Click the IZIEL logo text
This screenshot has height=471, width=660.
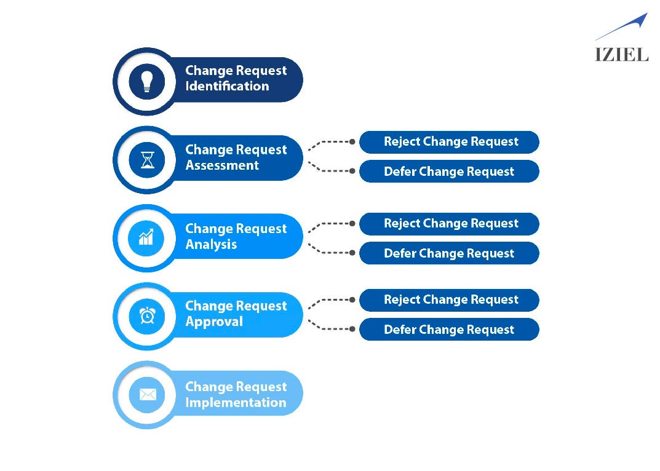tap(621, 54)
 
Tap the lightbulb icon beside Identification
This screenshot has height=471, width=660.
tap(146, 81)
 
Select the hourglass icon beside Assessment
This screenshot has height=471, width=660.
tap(146, 160)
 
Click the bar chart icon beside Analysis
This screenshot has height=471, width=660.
tap(146, 237)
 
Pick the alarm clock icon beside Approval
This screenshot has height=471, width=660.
tap(146, 315)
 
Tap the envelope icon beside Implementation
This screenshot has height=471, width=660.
tap(147, 394)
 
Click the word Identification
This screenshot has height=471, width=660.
tap(227, 87)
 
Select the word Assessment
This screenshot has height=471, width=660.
tap(222, 165)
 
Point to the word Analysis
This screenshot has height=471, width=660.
tap(211, 244)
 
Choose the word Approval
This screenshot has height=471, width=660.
tap(214, 322)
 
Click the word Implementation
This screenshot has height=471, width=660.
tap(236, 403)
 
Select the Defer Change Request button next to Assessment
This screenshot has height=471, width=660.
tap(449, 172)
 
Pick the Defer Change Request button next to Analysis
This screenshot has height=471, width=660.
tap(449, 253)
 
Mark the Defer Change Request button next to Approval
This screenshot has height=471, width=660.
tap(449, 330)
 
